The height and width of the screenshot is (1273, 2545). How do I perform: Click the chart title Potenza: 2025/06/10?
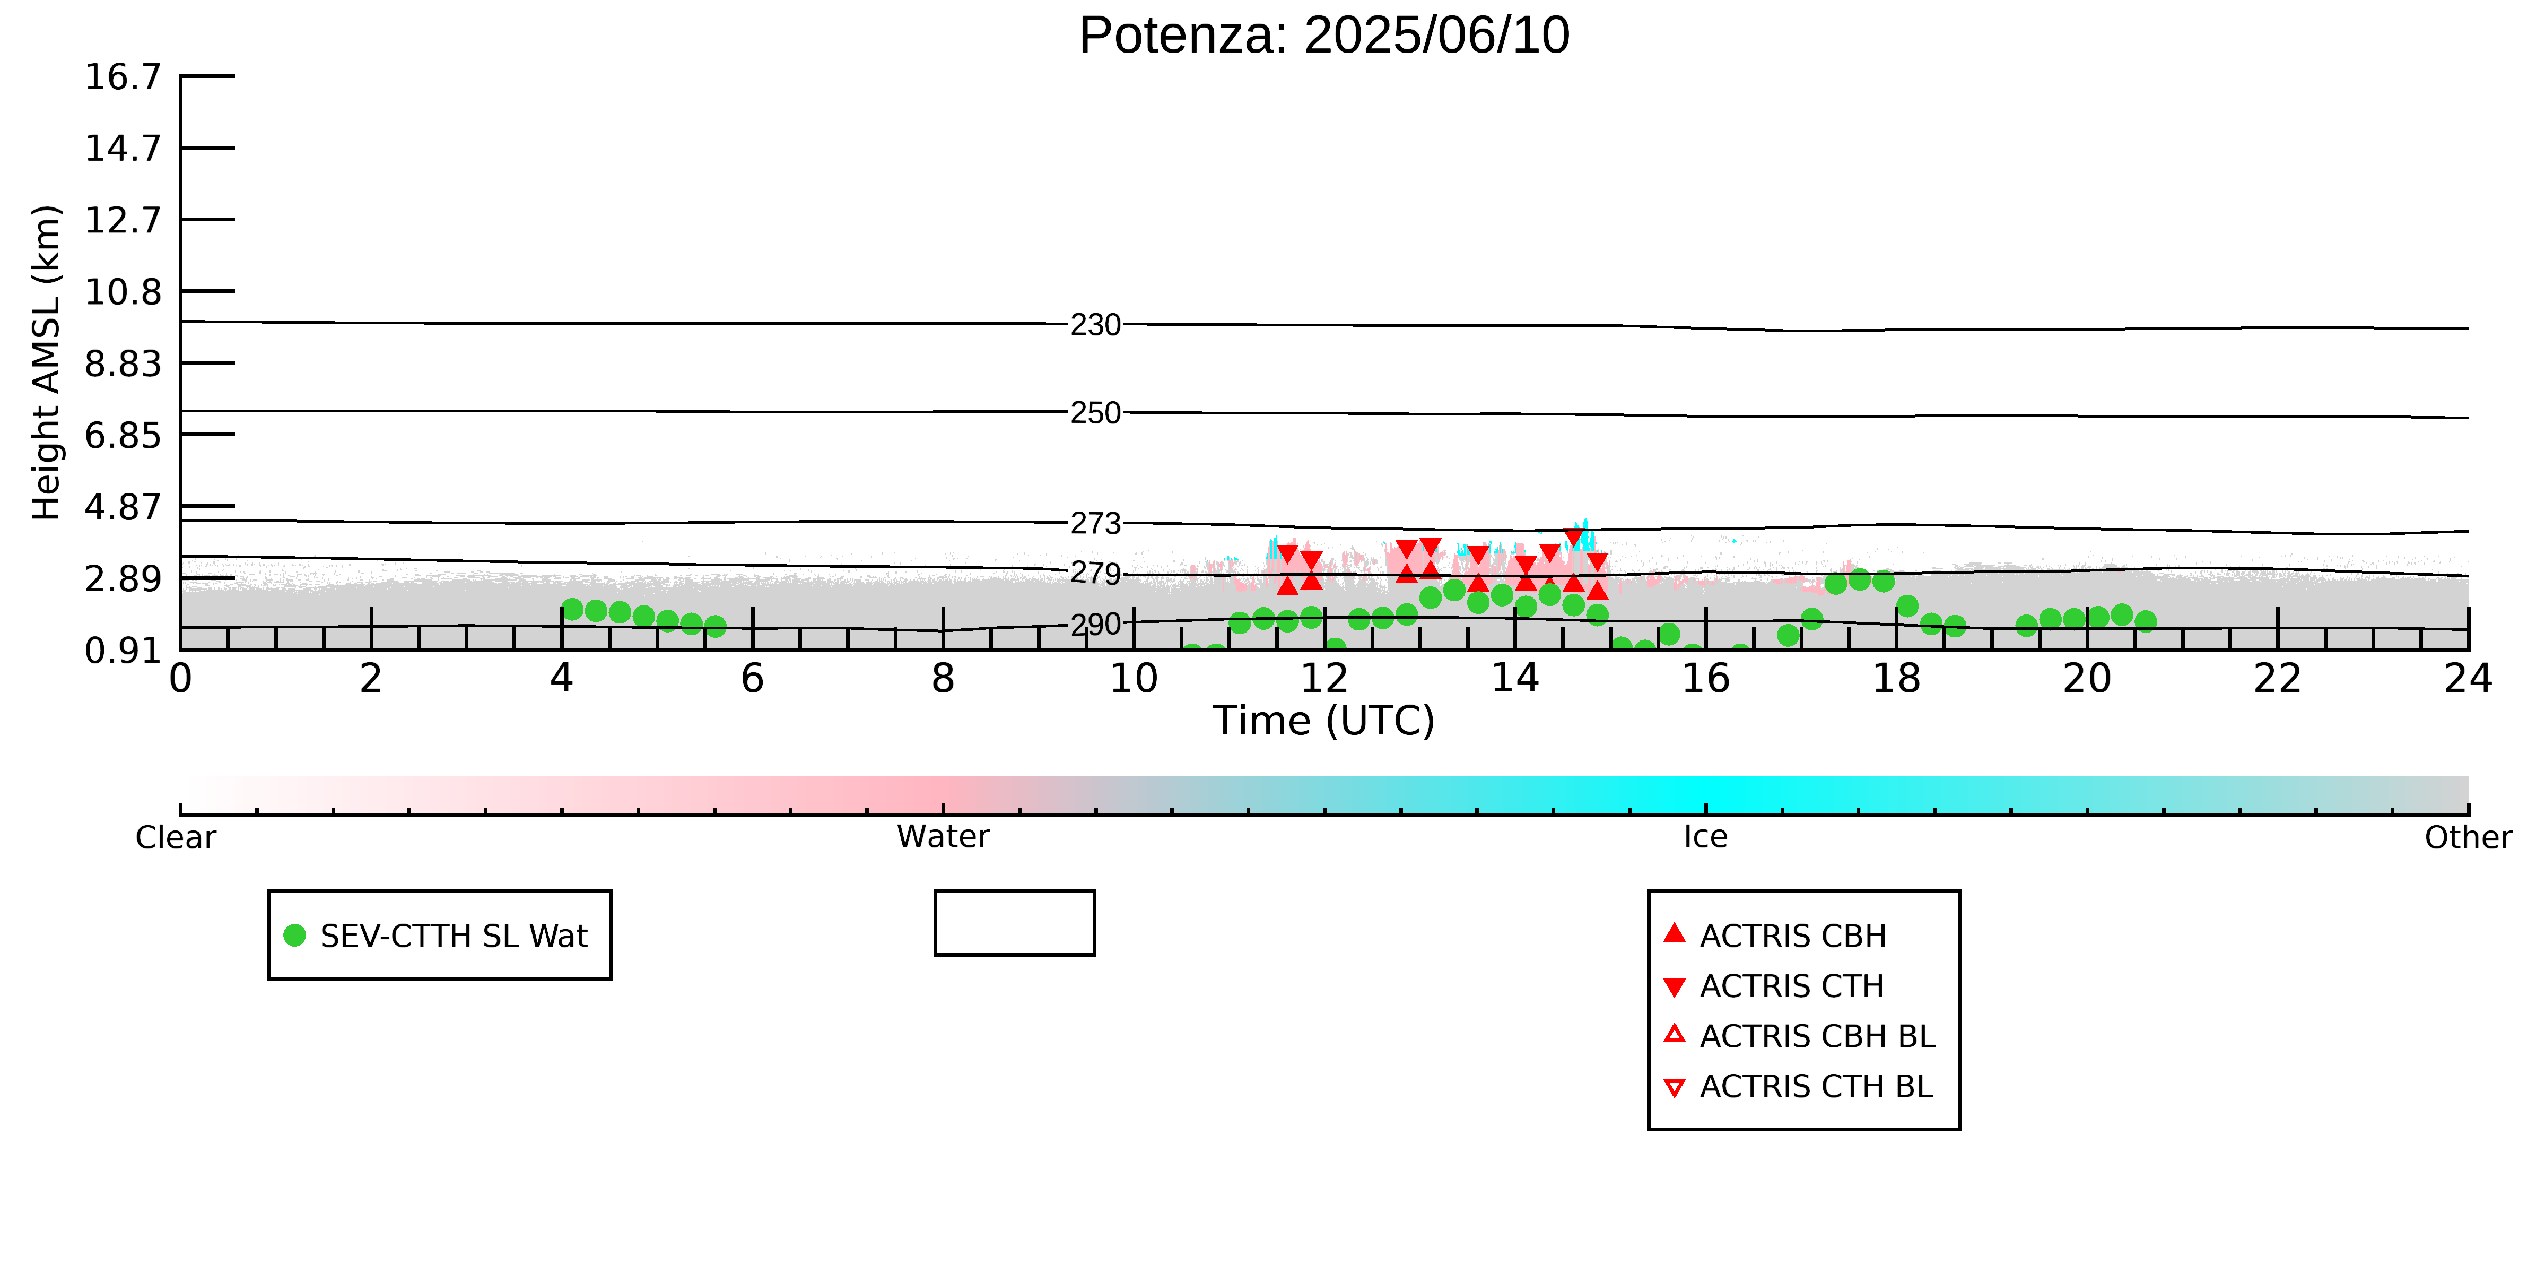point(1324,36)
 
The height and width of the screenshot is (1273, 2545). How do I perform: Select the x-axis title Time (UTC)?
point(1324,721)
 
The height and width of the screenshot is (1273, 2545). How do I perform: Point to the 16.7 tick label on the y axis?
point(123,76)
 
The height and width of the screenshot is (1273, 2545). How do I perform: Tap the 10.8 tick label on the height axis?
point(123,291)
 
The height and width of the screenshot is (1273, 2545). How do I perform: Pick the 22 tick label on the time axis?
point(2277,679)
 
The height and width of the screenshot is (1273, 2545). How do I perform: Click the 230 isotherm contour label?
point(1096,325)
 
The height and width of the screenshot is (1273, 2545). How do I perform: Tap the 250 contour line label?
point(1096,413)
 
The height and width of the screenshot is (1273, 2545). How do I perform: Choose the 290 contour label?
point(1096,625)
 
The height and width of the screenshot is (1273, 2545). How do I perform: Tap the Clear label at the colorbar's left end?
point(176,837)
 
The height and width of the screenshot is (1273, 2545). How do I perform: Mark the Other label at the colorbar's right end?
point(2468,837)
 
